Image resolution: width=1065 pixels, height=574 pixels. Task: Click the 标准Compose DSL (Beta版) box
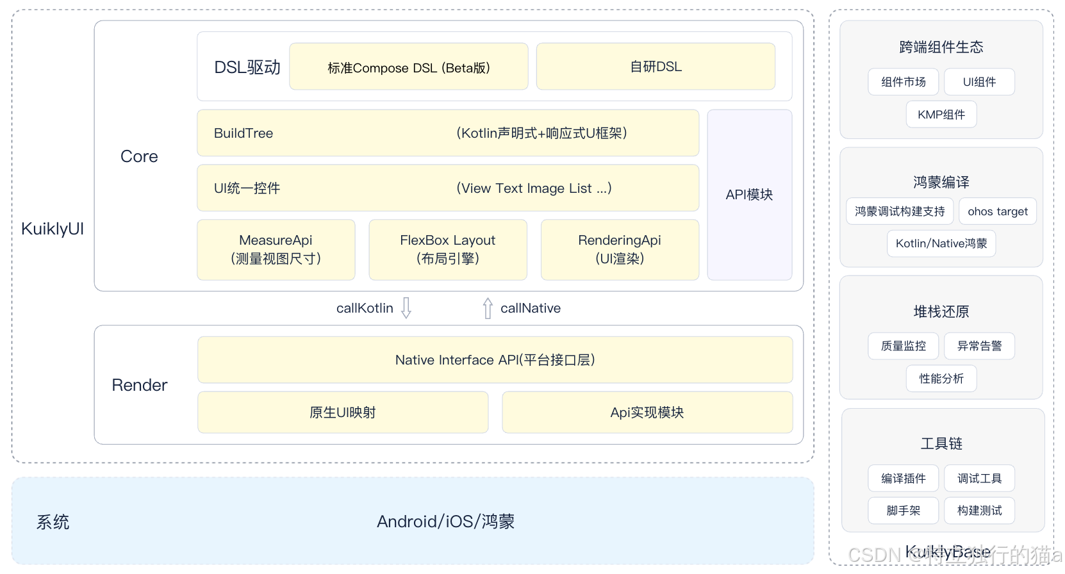coord(408,67)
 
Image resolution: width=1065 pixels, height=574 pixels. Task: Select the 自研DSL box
coord(656,67)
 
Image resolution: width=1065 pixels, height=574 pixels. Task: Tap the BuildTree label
coord(244,133)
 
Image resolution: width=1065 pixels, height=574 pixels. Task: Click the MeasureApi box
coord(276,250)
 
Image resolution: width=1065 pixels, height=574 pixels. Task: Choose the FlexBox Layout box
coord(447,250)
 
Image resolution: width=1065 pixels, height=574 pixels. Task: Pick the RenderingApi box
coord(620,250)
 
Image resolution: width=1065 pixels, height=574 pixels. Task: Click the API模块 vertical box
coord(749,195)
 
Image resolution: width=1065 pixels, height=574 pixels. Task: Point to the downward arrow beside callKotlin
coord(406,307)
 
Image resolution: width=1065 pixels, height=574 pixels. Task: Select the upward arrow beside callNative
coord(488,308)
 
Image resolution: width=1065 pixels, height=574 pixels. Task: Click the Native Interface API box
coord(495,360)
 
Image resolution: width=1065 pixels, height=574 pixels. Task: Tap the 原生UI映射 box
coord(343,413)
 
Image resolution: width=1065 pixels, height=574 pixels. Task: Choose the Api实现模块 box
coord(647,413)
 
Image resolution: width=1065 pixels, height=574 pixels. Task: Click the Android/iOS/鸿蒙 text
coord(445,521)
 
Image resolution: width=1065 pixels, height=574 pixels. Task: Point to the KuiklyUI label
coord(53,229)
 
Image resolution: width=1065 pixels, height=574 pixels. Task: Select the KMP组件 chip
coord(941,115)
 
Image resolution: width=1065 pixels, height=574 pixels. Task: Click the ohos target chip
coord(997,211)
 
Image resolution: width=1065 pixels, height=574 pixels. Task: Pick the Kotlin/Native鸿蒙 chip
coord(941,243)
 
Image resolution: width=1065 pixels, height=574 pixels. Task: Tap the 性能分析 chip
coord(941,379)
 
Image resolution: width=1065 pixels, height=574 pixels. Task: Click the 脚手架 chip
coord(903,511)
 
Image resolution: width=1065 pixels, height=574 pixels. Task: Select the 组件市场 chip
coord(903,82)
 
